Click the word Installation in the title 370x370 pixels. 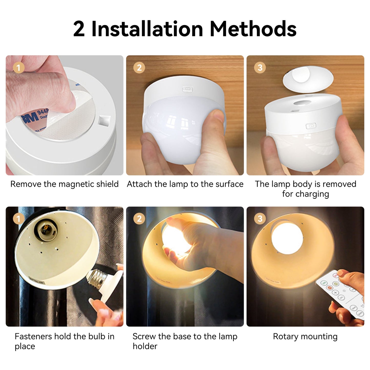click(147, 29)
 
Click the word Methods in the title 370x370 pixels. click(253, 29)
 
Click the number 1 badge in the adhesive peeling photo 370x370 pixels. click(19, 68)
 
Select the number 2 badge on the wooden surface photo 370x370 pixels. click(139, 68)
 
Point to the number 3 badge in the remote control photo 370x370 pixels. click(260, 218)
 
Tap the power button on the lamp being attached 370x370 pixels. click(188, 89)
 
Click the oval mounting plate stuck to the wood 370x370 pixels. click(308, 79)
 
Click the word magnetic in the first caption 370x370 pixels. click(77, 184)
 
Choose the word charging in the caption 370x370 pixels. click(312, 194)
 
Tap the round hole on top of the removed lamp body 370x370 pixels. click(302, 102)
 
